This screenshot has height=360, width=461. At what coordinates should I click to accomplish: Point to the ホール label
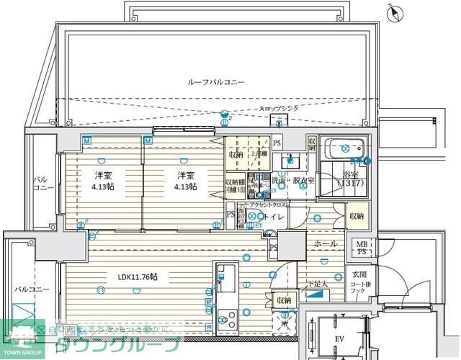(326, 244)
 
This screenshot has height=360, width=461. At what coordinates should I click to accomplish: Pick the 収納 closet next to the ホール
(357, 216)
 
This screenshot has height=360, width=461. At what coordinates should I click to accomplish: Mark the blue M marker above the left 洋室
(86, 140)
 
